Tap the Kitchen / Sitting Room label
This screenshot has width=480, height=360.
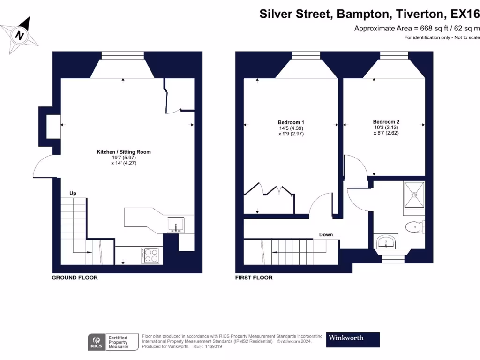tap(124, 152)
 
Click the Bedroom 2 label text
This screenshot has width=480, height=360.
tap(386, 121)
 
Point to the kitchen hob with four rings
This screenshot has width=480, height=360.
tap(151, 255)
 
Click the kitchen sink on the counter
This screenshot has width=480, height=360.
tap(176, 225)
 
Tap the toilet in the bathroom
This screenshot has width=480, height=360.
tap(414, 227)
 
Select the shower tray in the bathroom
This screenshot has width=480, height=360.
tap(414, 195)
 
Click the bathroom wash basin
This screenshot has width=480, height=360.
tap(386, 242)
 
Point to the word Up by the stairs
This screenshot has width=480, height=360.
tap(73, 193)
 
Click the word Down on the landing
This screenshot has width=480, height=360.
tap(326, 234)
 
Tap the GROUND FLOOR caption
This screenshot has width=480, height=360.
tap(75, 278)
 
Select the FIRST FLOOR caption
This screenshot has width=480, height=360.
tap(254, 278)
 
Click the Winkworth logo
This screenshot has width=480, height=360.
tap(352, 339)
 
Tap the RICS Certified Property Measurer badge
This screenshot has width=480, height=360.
tap(113, 342)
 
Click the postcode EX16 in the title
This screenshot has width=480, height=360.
tap(462, 14)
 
